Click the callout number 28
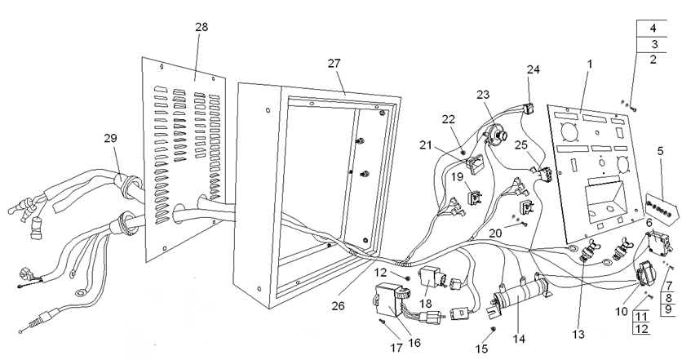[x=201, y=27]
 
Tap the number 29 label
[x=110, y=139]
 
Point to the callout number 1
[x=590, y=63]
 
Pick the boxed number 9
[x=666, y=309]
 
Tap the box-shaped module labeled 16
[x=396, y=298]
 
